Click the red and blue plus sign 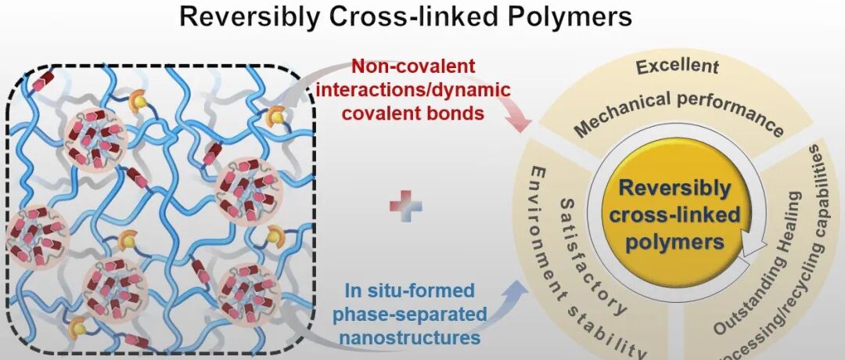pos(406,206)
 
